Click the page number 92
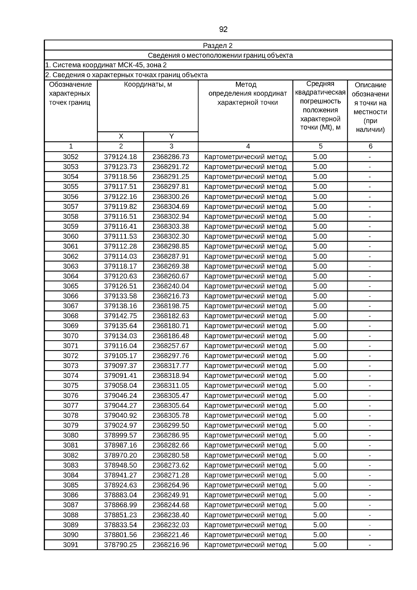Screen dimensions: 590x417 tap(223, 30)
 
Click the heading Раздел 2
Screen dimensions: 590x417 tap(218, 46)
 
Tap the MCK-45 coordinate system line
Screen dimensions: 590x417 tap(106, 65)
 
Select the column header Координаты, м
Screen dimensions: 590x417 tap(148, 84)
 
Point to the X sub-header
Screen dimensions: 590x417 tap(121, 136)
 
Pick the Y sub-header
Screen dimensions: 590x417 tap(171, 136)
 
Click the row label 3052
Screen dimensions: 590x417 tap(71, 157)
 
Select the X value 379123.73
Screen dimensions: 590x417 tap(120, 167)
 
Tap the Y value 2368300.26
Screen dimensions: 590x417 tap(171, 197)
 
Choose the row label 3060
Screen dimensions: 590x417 tap(71, 236)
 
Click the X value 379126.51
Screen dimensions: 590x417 tap(120, 286)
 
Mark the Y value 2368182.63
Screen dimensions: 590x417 tap(171, 316)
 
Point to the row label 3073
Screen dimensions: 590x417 tap(71, 366)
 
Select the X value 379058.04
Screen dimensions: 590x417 tap(120, 386)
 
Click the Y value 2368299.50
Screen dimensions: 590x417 tap(171, 426)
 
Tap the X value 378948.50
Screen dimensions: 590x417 tap(120, 465)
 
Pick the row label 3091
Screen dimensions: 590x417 tap(71, 545)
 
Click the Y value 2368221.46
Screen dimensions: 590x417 tap(171, 535)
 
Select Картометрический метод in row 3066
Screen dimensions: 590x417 tap(245, 296)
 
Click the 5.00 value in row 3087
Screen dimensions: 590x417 tap(320, 505)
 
